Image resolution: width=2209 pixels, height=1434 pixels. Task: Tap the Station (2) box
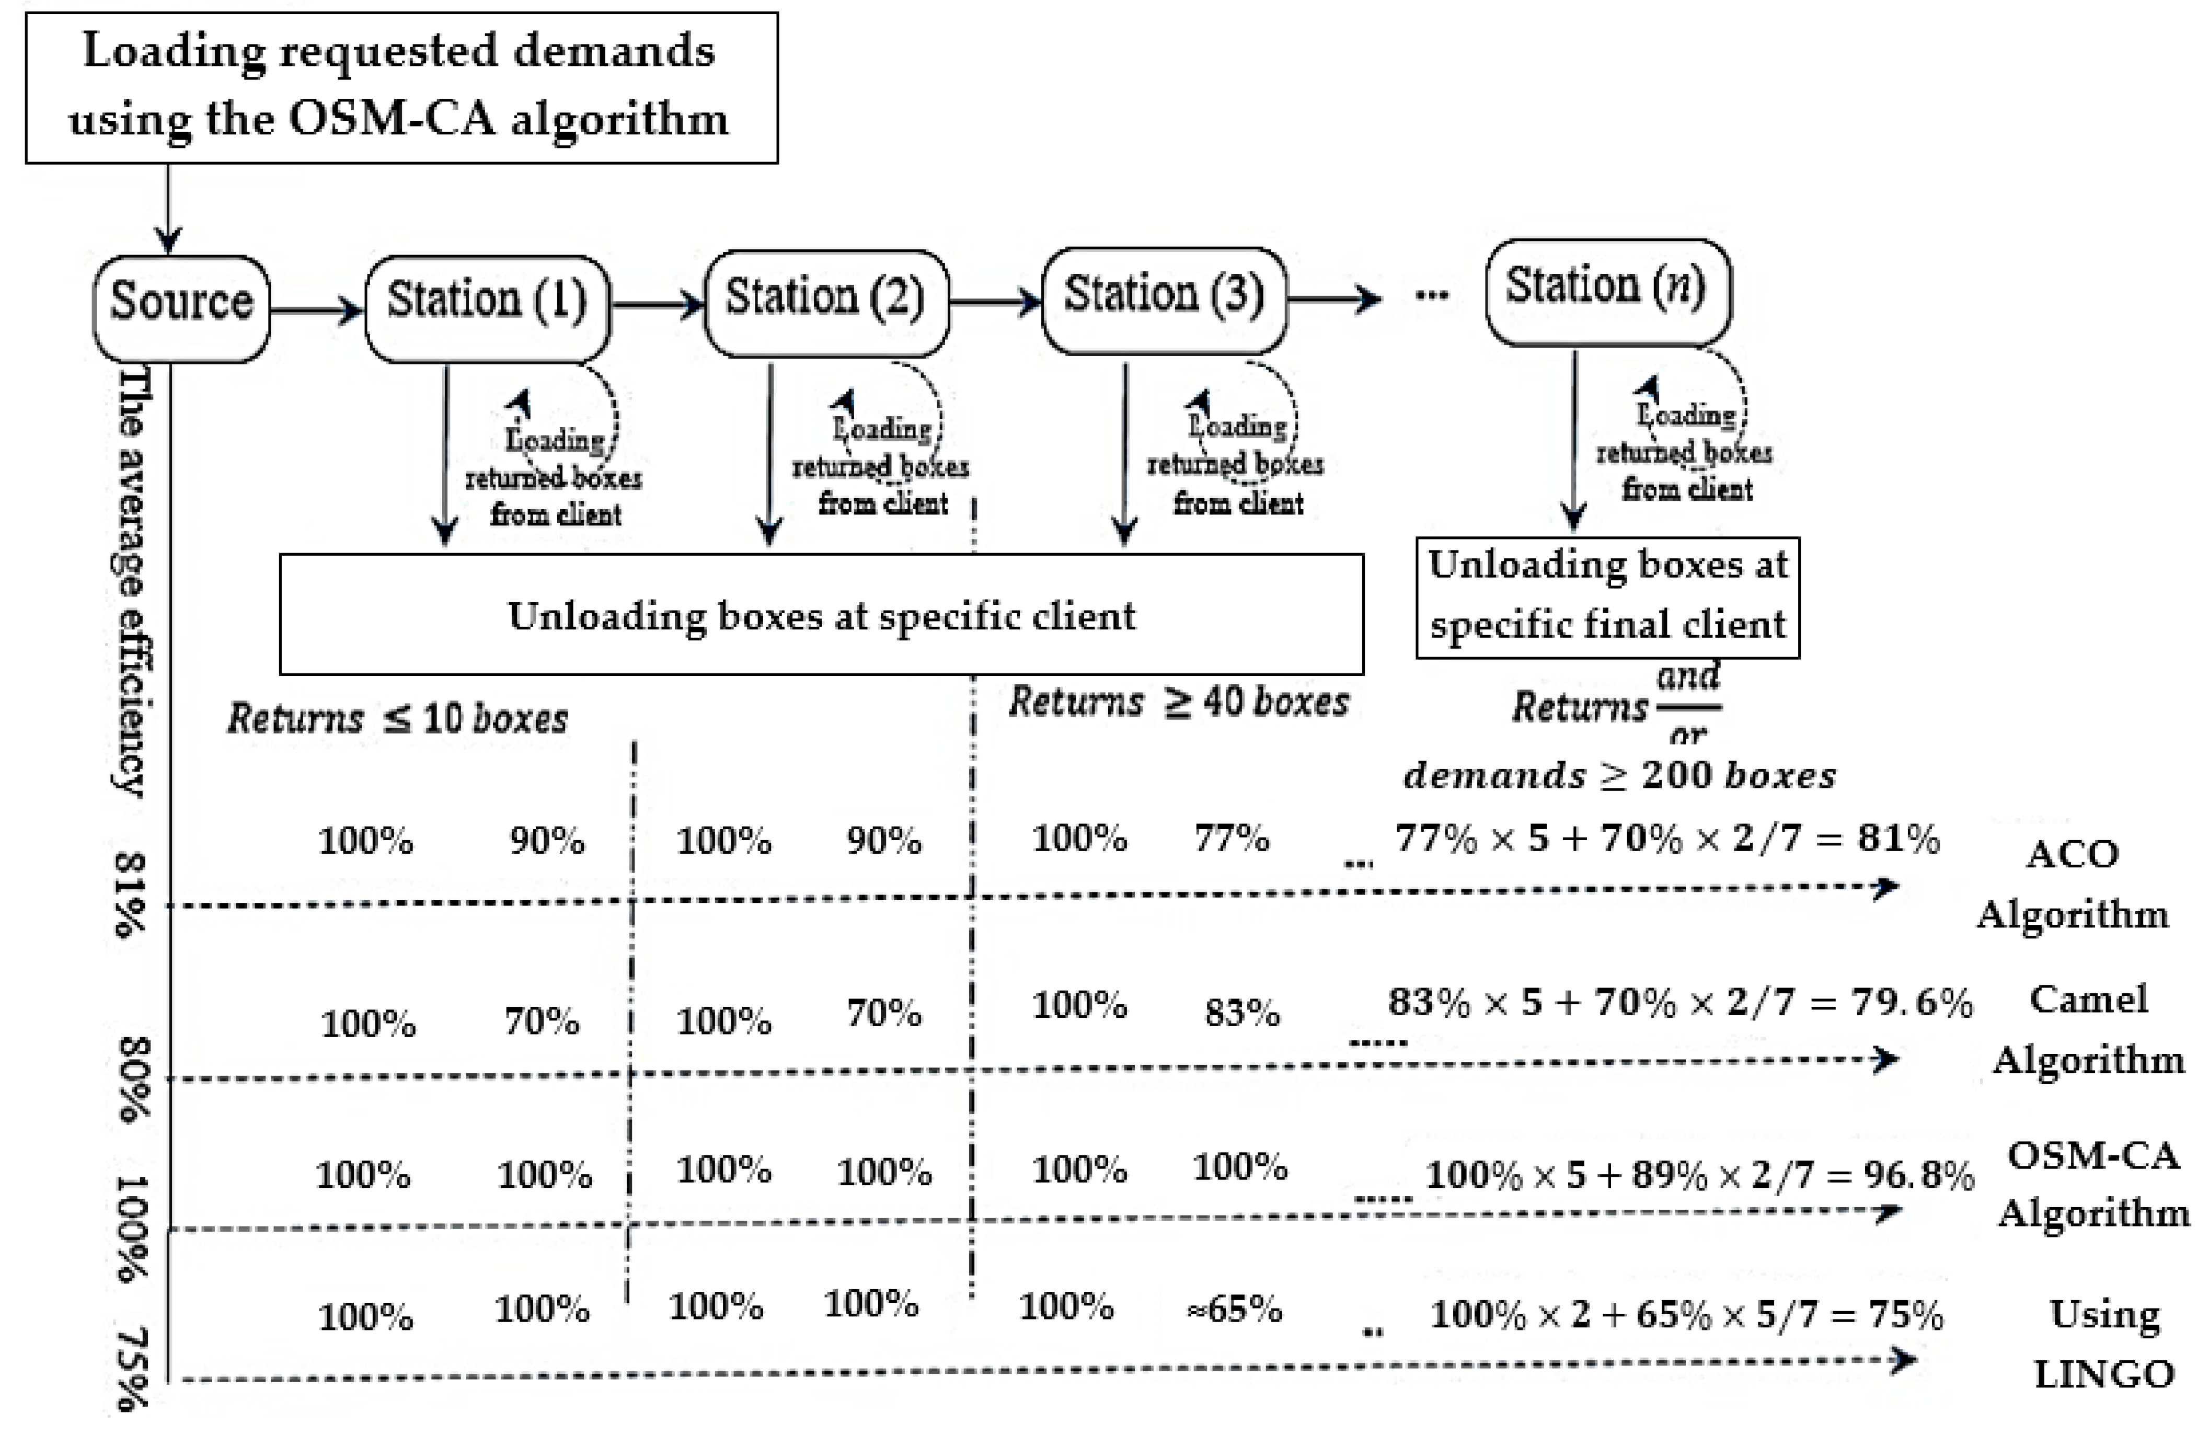826,303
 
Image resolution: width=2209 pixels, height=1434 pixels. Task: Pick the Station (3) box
1164,300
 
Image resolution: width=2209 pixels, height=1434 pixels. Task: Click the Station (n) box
1607,291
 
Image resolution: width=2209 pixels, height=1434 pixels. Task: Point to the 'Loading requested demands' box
401,87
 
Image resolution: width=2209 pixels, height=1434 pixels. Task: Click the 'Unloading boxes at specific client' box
821,614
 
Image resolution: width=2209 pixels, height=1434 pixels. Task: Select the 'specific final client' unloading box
1607,597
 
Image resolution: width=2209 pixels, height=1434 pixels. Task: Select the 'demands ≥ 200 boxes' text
1619,775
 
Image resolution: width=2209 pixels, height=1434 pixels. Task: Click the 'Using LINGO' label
2104,1343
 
